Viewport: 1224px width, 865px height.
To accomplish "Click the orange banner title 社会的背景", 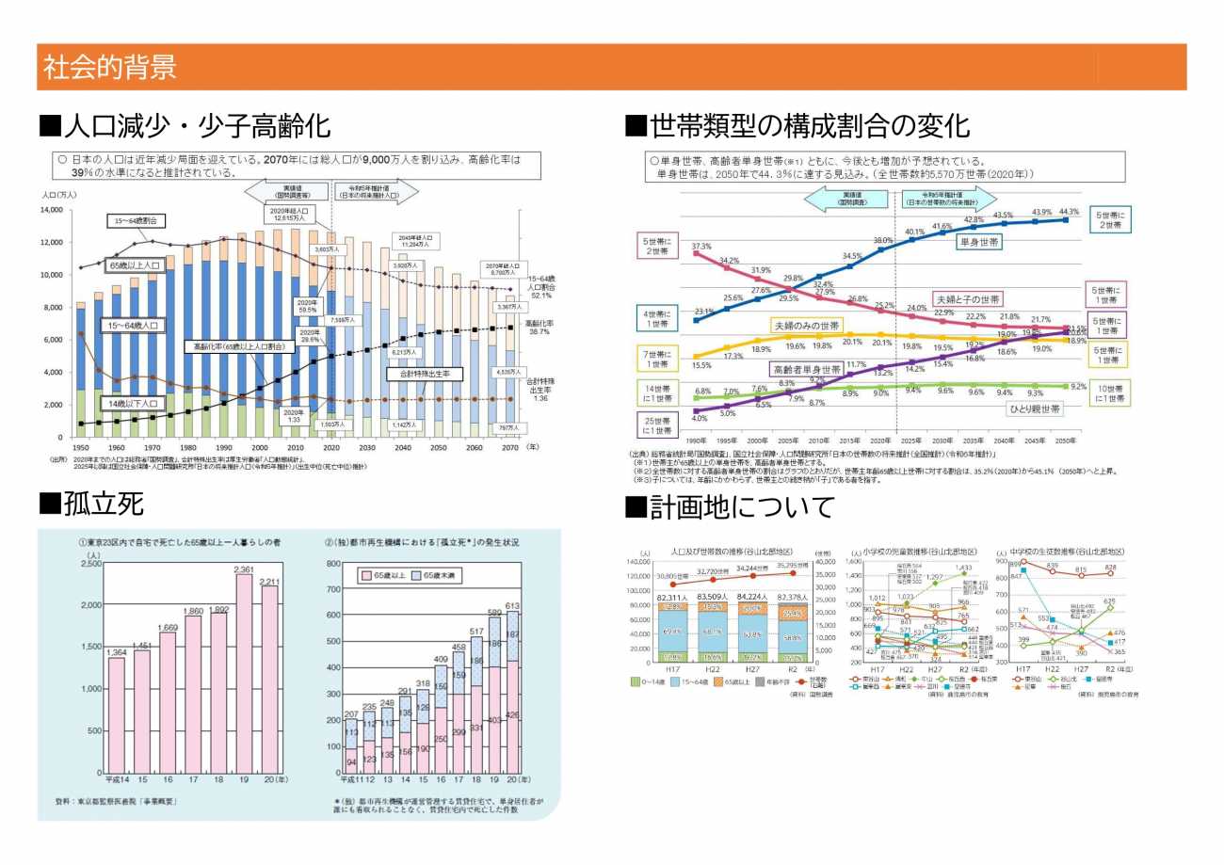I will (x=109, y=68).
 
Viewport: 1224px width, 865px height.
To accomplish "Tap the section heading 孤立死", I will (x=91, y=505).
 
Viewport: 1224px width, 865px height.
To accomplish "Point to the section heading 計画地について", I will (x=730, y=507).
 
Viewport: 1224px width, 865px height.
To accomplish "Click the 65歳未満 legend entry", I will (x=440, y=574).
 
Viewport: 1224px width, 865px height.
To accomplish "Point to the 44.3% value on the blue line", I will (x=1069, y=212).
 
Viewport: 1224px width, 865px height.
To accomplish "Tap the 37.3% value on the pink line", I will (x=701, y=247).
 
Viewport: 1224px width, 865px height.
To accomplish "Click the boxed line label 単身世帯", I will (x=978, y=242).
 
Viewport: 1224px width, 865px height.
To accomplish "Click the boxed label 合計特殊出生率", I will (x=424, y=374).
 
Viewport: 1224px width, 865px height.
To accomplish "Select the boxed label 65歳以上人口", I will (x=135, y=266).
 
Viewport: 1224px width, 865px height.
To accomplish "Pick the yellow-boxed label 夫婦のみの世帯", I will (x=808, y=325).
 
